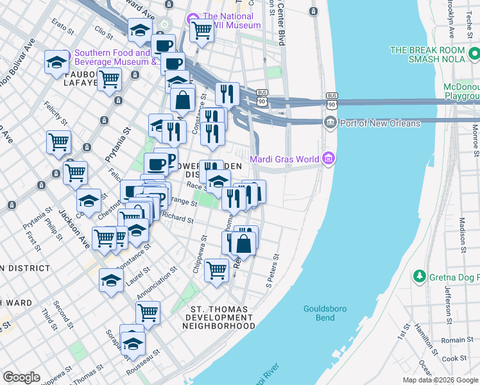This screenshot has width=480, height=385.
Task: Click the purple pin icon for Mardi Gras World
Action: click(x=329, y=157)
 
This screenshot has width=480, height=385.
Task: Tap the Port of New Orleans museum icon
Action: click(x=330, y=123)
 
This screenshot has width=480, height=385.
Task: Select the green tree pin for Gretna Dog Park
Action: click(x=420, y=276)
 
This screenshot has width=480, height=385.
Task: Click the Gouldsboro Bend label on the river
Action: click(x=325, y=313)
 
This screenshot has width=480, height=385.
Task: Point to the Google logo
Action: click(x=21, y=377)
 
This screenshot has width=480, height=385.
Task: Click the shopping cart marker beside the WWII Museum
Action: click(x=201, y=29)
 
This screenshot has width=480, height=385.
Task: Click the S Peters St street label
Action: click(x=274, y=269)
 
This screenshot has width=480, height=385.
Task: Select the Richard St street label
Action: click(x=178, y=218)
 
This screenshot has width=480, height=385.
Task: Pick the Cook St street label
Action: click(x=454, y=359)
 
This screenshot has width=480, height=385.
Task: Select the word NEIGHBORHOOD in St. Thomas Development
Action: click(x=218, y=326)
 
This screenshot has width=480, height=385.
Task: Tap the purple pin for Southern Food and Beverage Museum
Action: click(x=65, y=55)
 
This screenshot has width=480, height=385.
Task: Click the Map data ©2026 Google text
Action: click(x=440, y=380)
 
